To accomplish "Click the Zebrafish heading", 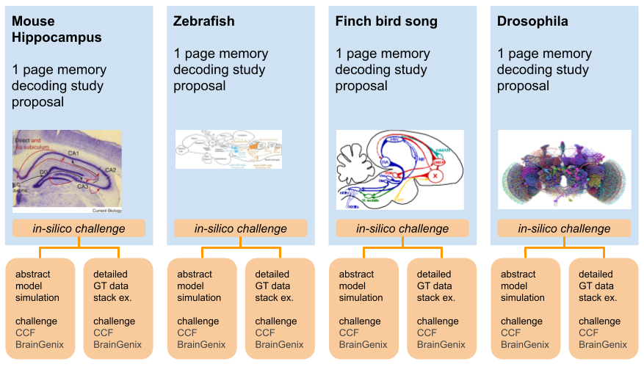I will [x=204, y=21].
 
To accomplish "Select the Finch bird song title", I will [x=386, y=21].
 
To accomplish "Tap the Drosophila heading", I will [x=532, y=21].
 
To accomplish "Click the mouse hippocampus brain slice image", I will [x=67, y=171].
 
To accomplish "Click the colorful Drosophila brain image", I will [x=564, y=170].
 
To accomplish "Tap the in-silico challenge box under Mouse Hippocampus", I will [x=79, y=228].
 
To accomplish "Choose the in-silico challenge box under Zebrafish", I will [x=240, y=228].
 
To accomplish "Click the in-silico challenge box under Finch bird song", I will [x=402, y=228].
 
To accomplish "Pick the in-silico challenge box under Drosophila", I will [x=564, y=228].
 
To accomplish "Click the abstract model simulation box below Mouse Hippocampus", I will [x=40, y=308].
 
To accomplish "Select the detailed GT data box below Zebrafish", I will [x=280, y=308].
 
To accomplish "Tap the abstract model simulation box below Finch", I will [x=363, y=308].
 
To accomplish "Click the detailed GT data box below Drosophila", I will [x=604, y=308].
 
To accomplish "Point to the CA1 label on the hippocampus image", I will [x=74, y=153].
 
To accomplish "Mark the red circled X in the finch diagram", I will [x=435, y=176].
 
